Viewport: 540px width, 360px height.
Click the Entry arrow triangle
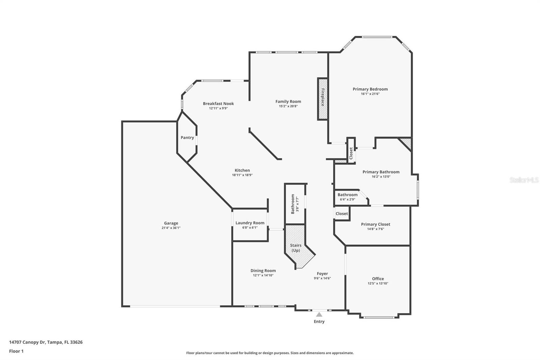click(319, 314)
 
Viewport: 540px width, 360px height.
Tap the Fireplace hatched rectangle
click(323, 99)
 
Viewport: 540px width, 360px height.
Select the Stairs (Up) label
click(296, 248)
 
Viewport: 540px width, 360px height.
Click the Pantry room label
click(187, 137)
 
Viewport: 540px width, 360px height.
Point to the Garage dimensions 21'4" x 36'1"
click(171, 228)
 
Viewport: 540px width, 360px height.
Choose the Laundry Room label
click(250, 223)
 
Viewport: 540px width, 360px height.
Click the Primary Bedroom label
click(370, 89)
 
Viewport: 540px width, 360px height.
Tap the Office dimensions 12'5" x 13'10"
click(378, 284)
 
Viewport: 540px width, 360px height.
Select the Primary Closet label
click(375, 224)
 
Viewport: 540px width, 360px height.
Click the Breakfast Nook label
click(218, 104)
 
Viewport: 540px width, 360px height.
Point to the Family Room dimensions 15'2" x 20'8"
click(288, 106)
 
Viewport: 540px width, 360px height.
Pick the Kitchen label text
click(242, 171)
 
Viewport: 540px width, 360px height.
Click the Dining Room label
click(263, 271)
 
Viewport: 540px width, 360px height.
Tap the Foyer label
click(322, 274)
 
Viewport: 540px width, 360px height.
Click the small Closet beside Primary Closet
click(342, 213)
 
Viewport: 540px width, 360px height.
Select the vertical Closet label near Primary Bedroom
click(351, 153)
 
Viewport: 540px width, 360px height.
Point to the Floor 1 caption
click(16, 351)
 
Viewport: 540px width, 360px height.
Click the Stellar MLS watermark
click(524, 180)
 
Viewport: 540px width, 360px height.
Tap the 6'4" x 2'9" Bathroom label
click(347, 195)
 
